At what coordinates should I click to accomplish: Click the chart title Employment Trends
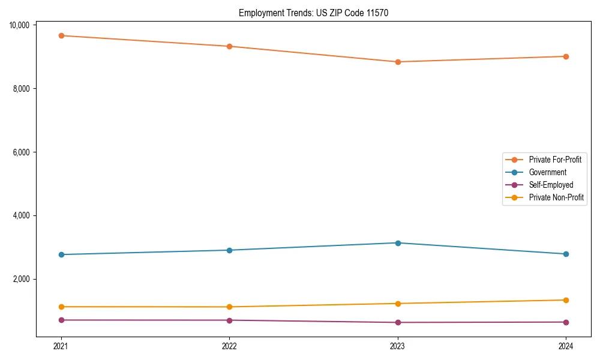[x=313, y=13]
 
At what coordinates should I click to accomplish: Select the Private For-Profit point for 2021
[x=61, y=35]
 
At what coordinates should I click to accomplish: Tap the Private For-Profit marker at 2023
[x=398, y=62]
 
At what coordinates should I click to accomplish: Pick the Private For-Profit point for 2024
[x=566, y=56]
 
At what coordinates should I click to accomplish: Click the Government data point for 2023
[x=398, y=243]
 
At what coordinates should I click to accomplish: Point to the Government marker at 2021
[x=61, y=254]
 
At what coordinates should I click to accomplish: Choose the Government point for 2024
[x=566, y=254]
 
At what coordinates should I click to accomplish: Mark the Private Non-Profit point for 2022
[x=229, y=307]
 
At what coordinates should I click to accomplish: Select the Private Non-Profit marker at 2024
[x=566, y=300]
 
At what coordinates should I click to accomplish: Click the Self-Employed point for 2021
[x=61, y=320]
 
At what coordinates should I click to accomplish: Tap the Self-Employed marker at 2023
[x=398, y=322]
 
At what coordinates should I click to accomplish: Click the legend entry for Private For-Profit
[x=554, y=160]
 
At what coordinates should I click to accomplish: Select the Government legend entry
[x=547, y=172]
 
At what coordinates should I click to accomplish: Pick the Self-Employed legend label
[x=551, y=185]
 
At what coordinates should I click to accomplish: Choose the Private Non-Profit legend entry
[x=556, y=197]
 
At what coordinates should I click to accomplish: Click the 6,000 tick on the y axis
[x=22, y=152]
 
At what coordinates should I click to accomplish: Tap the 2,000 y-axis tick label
[x=22, y=280]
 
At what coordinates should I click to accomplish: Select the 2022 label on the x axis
[x=229, y=346]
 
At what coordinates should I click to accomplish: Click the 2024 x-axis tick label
[x=566, y=346]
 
